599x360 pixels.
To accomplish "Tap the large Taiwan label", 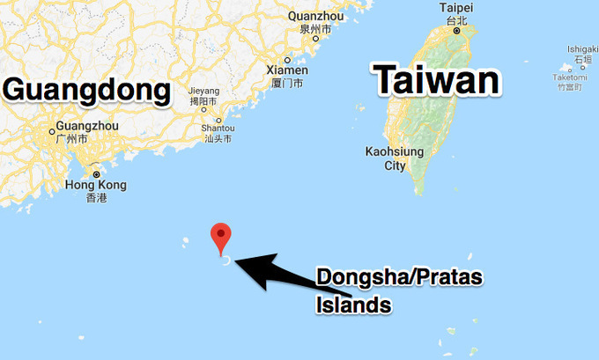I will point(438,81).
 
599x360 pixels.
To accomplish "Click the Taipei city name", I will point(456,8).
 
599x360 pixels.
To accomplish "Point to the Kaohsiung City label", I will point(395,158).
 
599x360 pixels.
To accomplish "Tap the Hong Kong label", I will point(96,185).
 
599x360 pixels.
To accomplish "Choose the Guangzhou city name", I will point(85,126).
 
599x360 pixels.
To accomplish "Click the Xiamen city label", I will point(287,70).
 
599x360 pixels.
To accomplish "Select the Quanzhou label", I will point(314,16).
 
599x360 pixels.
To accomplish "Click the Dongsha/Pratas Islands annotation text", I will point(388,291).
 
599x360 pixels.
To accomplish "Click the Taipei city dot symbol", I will point(456,31).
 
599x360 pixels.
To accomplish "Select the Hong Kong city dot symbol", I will point(96,174).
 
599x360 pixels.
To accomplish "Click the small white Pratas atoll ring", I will point(226,261).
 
